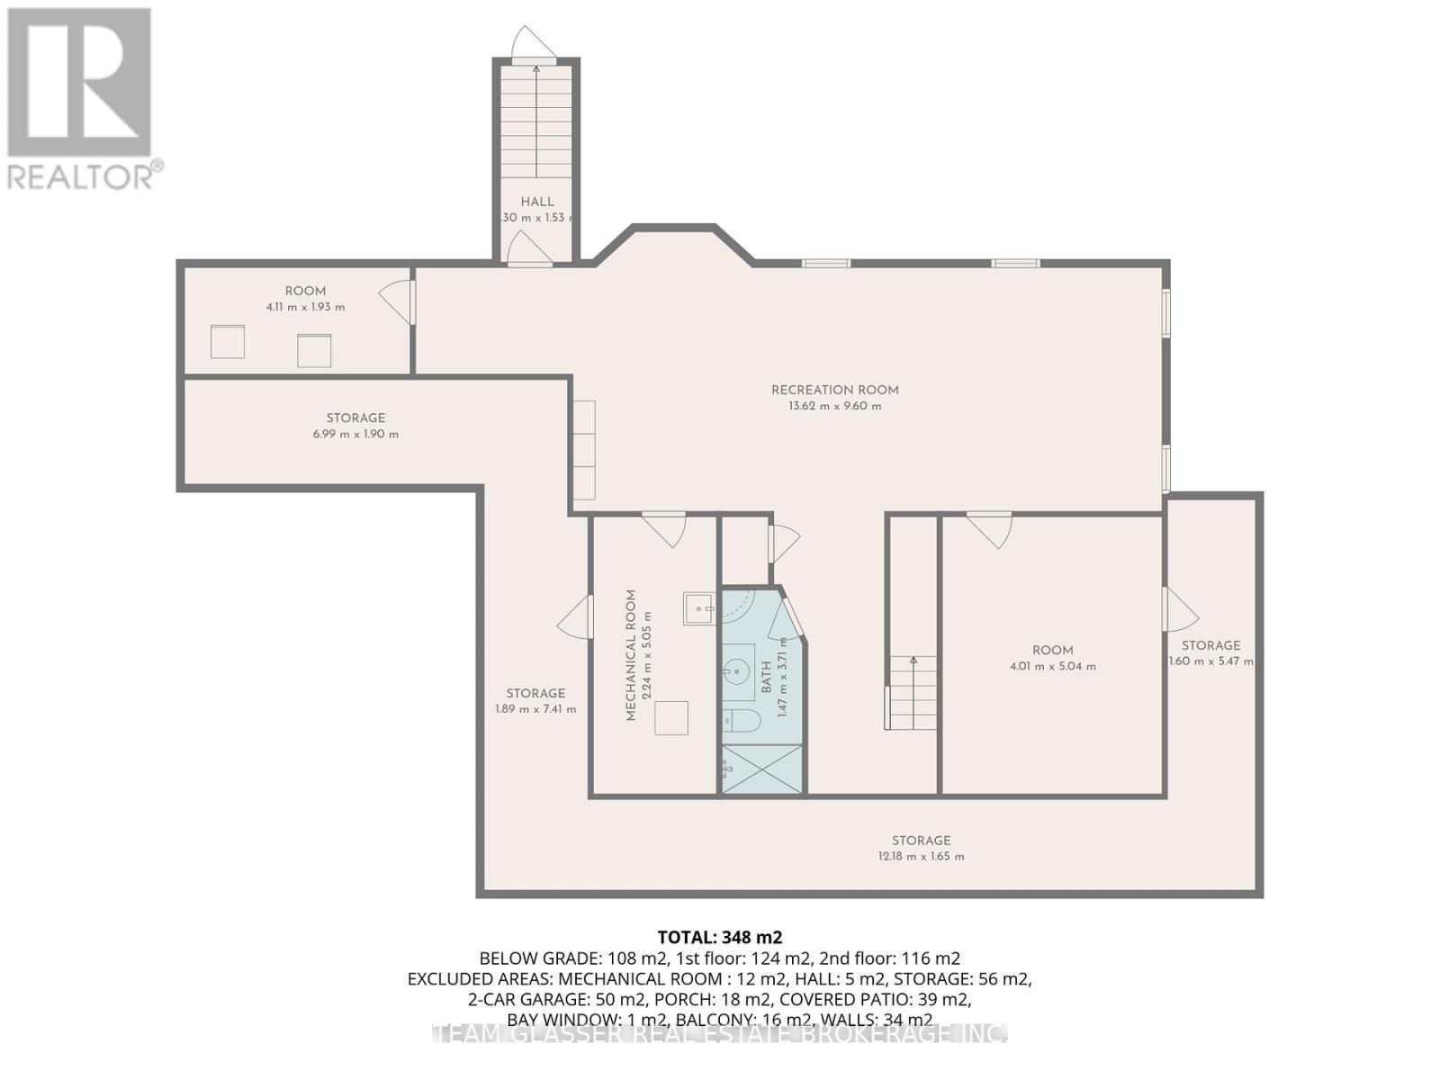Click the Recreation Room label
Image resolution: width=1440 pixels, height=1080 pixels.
(834, 390)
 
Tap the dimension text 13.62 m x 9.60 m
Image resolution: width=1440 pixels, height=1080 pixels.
(834, 406)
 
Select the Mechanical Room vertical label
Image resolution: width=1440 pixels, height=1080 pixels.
(631, 654)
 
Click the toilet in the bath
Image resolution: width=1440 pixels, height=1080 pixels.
(742, 720)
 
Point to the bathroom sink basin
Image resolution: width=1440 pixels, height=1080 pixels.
(738, 670)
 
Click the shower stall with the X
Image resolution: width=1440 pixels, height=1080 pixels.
(761, 769)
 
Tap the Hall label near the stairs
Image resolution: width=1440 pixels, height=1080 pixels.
(537, 202)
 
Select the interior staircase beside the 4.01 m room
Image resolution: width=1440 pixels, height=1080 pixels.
(912, 693)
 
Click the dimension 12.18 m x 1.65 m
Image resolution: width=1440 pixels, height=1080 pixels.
(921, 856)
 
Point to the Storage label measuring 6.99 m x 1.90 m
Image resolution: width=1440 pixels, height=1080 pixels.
(355, 418)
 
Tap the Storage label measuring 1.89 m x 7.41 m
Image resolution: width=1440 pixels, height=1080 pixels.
(535, 693)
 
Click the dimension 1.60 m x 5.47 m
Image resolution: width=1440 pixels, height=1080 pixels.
(1210, 661)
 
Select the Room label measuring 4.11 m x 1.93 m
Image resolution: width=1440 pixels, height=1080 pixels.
(305, 291)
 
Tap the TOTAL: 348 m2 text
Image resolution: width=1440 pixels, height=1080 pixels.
(713, 937)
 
